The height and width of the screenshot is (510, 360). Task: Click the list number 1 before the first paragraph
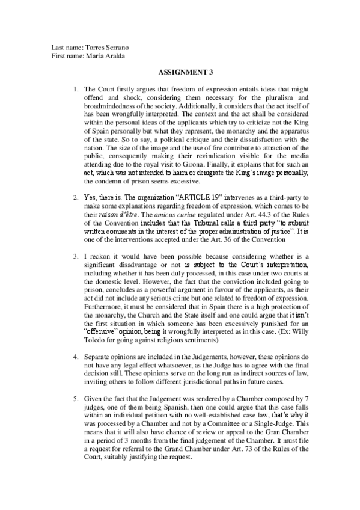(76, 89)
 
